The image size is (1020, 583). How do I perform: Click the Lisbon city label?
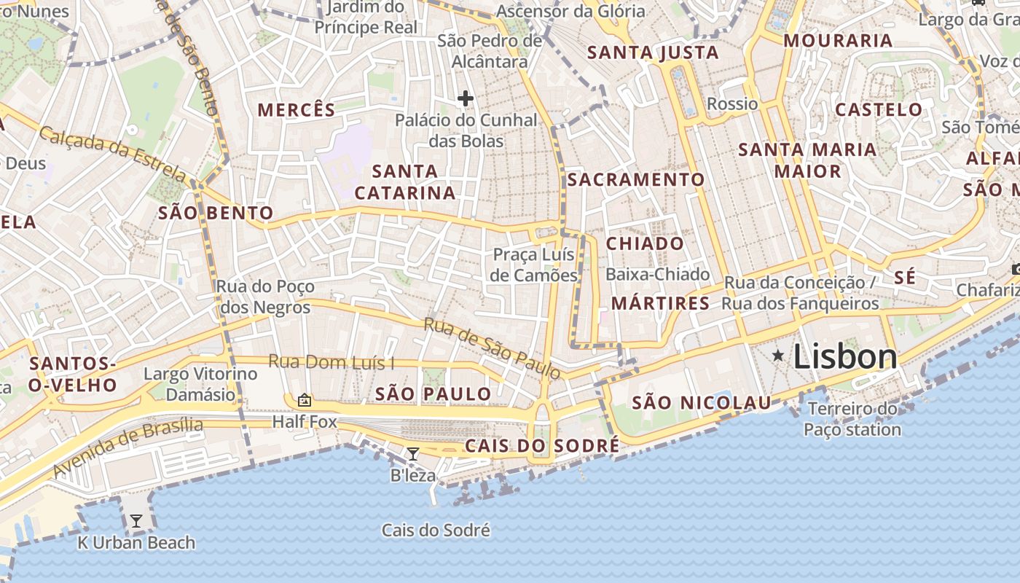click(845, 356)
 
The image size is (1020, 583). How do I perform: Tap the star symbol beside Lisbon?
click(778, 356)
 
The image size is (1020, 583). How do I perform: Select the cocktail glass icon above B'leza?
click(412, 455)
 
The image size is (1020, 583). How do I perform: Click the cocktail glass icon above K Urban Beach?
click(136, 521)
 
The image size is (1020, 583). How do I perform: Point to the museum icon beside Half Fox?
click(304, 400)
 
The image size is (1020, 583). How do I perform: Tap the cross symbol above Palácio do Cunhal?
click(466, 98)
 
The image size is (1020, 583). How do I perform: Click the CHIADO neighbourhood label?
click(645, 243)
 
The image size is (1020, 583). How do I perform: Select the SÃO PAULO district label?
click(433, 394)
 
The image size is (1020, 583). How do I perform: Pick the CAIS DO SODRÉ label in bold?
click(542, 445)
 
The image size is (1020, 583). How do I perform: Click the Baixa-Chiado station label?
click(657, 275)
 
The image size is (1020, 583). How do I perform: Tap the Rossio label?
click(732, 103)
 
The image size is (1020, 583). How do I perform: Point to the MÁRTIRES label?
click(660, 303)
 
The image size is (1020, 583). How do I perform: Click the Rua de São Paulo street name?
click(493, 348)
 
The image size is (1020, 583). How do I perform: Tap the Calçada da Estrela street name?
click(113, 153)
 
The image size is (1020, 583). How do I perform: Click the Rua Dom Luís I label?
click(331, 362)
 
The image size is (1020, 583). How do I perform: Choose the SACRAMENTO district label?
click(636, 179)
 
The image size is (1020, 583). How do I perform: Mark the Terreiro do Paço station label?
click(852, 419)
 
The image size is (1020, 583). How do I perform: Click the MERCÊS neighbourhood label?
click(297, 110)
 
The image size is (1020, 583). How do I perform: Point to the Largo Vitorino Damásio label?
click(200, 384)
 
